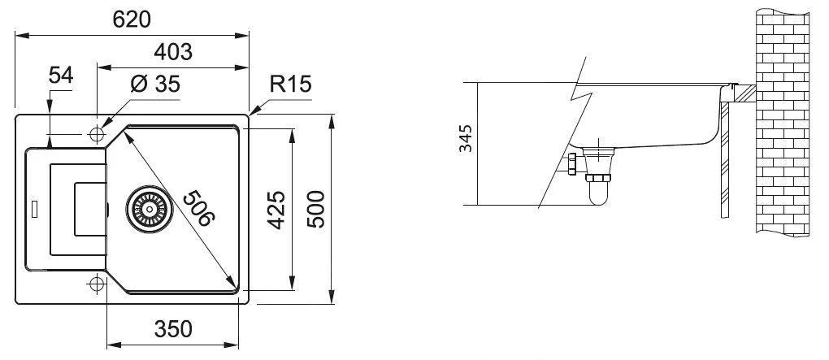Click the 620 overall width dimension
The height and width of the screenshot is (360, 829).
point(132,20)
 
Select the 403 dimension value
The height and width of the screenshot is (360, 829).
point(172,52)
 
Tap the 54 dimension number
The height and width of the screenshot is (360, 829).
point(61,76)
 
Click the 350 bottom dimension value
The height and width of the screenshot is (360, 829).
point(172,329)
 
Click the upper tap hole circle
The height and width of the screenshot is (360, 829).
point(97,132)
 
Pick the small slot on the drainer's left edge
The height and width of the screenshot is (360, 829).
point(33,207)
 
